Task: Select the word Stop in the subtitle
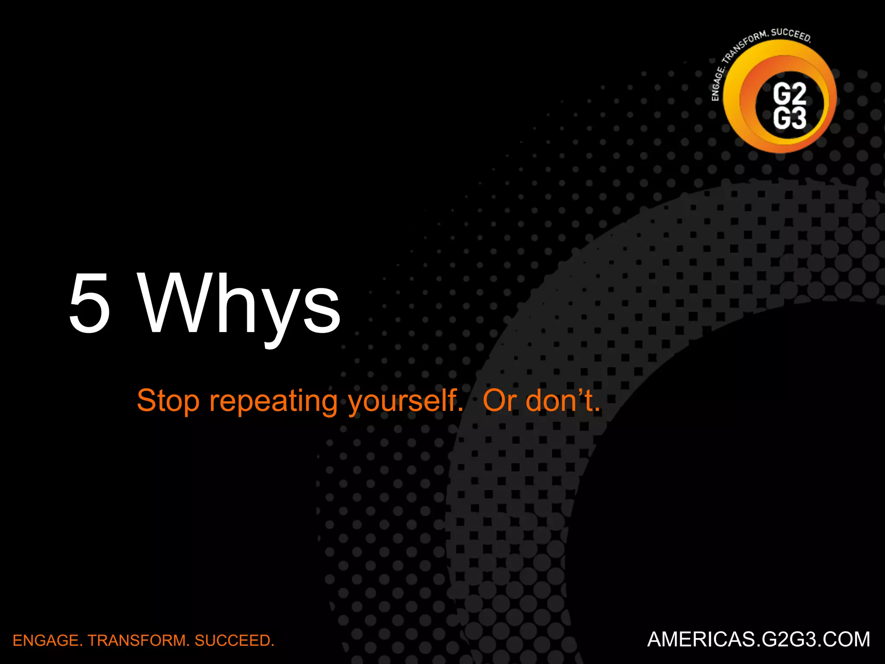[168, 401]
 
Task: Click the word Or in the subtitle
[499, 401]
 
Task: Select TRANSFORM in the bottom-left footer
[138, 640]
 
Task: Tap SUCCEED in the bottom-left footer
[234, 640]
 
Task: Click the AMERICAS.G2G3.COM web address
[758, 639]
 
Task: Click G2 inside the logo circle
[789, 93]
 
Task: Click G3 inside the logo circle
[789, 118]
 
